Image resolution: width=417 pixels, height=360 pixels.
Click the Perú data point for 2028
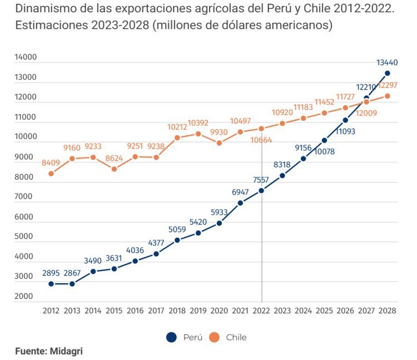(388, 73)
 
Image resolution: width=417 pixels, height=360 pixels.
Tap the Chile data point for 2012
(51, 174)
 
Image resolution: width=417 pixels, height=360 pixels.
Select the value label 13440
(387, 63)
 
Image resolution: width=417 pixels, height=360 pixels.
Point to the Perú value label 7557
(261, 180)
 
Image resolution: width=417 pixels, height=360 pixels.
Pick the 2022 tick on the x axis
(261, 310)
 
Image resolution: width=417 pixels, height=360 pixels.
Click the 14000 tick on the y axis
(25, 57)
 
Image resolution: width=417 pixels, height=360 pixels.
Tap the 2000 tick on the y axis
(25, 297)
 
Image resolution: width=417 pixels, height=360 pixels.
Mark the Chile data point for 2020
(219, 143)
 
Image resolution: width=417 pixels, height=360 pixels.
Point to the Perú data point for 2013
(72, 284)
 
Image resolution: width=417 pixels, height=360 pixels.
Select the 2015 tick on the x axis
(114, 310)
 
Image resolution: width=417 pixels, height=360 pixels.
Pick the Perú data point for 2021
(240, 203)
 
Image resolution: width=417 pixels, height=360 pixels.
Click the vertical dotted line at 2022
(261, 250)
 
